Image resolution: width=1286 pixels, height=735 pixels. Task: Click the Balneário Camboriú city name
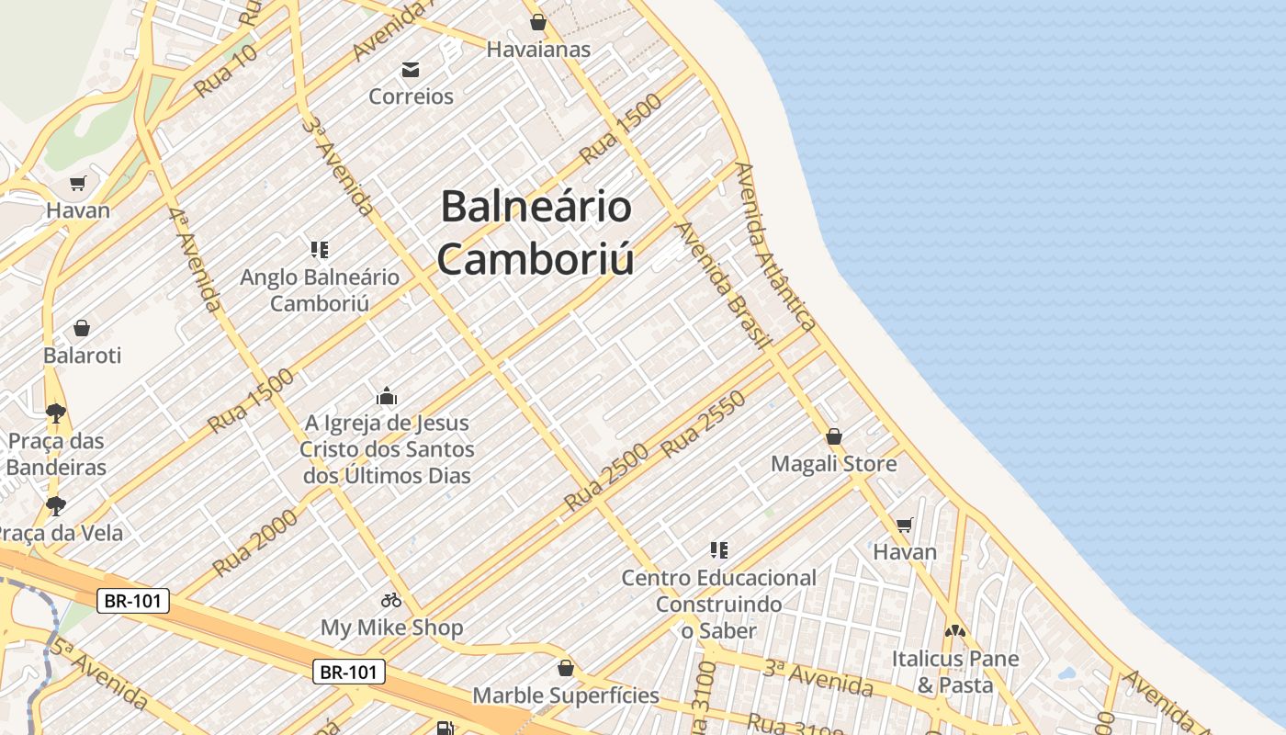pos(536,232)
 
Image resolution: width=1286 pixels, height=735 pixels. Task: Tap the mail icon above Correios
pos(410,70)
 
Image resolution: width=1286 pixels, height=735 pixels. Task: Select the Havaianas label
pos(538,50)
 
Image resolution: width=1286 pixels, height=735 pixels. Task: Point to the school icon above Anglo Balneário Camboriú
pos(320,249)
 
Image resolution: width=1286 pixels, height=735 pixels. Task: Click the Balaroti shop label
pos(82,356)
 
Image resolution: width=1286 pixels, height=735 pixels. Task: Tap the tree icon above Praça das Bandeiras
pos(56,413)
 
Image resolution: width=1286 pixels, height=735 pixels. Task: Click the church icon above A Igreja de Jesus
pos(387,397)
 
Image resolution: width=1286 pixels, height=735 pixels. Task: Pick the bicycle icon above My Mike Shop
pos(391,600)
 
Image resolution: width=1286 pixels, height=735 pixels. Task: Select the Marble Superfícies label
pos(566,695)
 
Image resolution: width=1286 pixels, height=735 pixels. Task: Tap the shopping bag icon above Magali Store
pos(834,436)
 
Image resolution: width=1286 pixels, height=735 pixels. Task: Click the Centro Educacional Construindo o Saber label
pos(718,604)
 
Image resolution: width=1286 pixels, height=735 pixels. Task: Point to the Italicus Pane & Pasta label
pos(955,672)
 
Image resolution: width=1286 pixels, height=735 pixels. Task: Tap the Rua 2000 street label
pos(255,543)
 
